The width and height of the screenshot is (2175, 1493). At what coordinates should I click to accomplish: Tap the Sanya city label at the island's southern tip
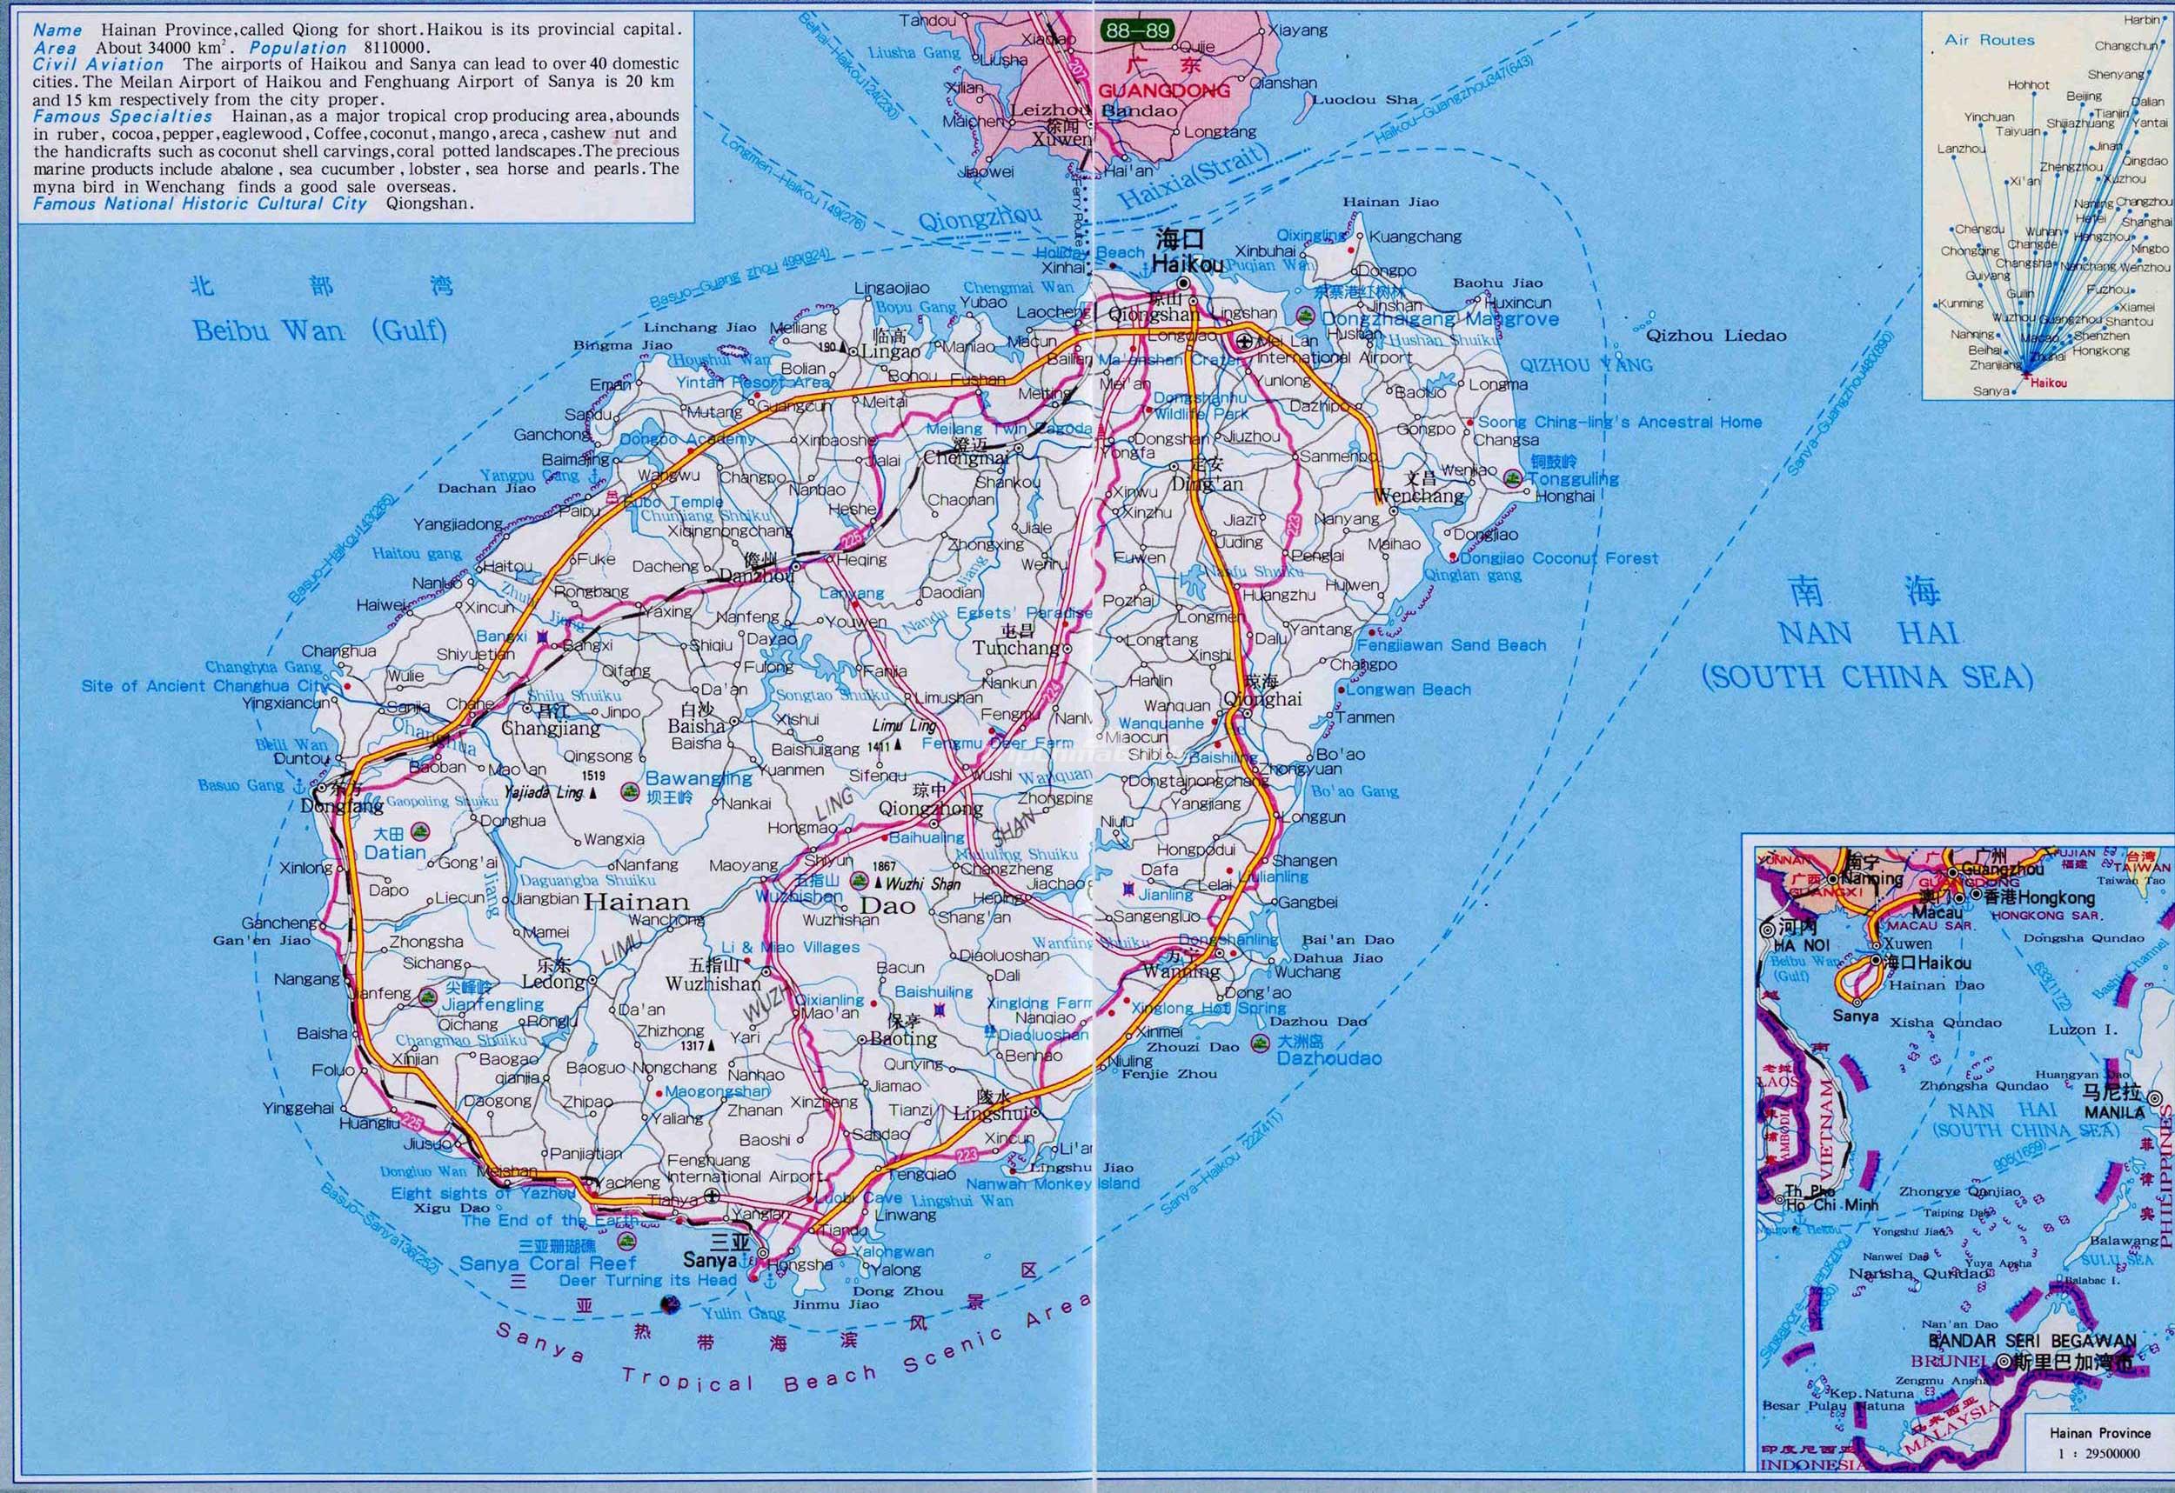click(709, 1260)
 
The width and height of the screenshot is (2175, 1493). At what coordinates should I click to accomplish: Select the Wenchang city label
click(1420, 496)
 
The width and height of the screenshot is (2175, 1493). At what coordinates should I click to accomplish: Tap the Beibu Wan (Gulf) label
click(320, 330)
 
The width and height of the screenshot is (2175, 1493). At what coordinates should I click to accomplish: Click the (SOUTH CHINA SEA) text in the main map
click(1867, 677)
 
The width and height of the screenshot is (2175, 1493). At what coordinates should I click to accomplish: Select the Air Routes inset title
click(1990, 40)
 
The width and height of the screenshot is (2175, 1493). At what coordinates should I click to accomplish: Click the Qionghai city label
click(1263, 700)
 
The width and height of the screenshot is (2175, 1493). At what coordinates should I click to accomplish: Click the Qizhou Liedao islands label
click(1717, 335)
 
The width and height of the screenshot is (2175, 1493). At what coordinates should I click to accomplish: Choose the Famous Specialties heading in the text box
click(123, 117)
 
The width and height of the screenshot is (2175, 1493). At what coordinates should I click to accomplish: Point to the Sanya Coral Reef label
click(546, 1263)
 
